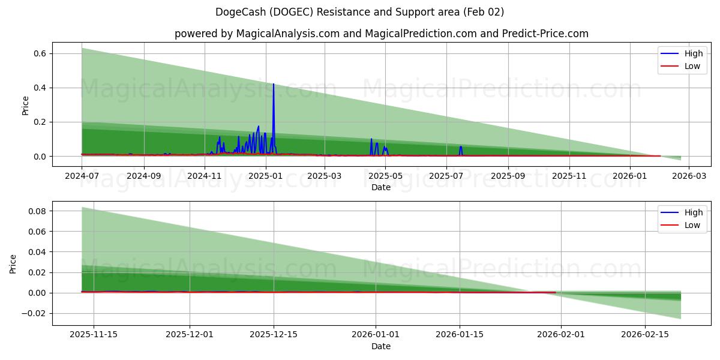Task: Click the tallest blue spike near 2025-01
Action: [x=274, y=85]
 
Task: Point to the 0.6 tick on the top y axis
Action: [x=40, y=53]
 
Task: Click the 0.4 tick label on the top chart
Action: [x=40, y=88]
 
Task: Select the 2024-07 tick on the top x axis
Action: [x=82, y=176]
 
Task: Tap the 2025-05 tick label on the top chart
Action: [x=386, y=176]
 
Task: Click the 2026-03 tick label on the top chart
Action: [x=689, y=176]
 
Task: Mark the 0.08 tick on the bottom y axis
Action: [x=37, y=211]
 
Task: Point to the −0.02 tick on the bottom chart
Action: [x=34, y=313]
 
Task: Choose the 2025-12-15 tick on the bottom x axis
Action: [x=274, y=335]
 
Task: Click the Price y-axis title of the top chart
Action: [x=25, y=105]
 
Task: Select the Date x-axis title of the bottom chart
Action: [x=381, y=346]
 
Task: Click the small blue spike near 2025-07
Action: [x=461, y=147]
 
